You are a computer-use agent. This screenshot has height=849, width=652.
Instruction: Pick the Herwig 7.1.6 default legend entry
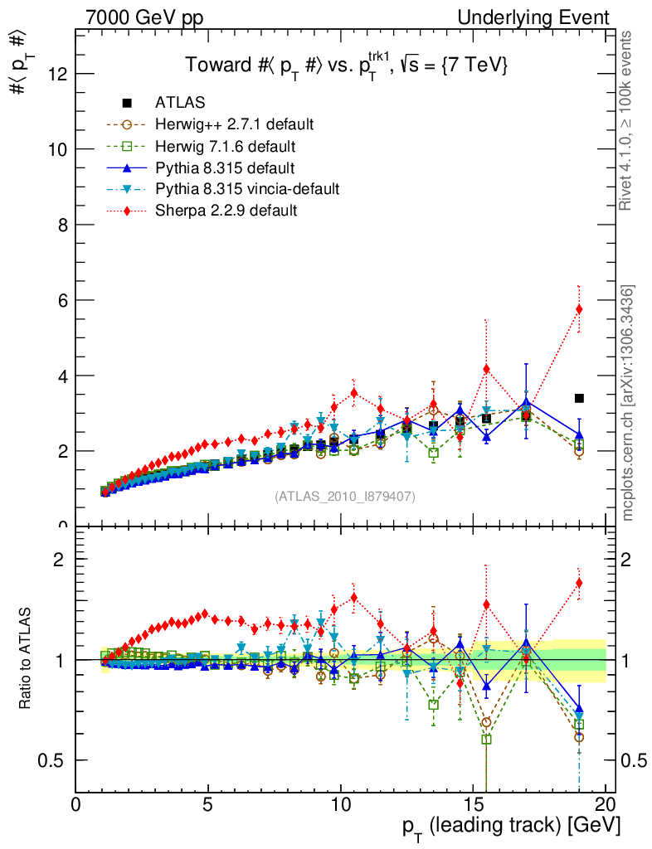tap(225, 146)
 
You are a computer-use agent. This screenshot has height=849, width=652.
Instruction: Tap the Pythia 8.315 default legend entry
tap(224, 167)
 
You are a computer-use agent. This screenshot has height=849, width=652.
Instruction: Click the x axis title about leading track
tap(511, 827)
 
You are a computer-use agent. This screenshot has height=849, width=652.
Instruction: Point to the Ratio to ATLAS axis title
tap(27, 659)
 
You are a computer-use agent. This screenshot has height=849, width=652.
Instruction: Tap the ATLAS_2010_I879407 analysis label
tap(345, 497)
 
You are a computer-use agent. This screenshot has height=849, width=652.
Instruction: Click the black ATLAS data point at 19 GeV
tap(579, 399)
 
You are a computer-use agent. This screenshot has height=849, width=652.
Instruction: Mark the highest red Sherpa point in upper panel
tap(579, 309)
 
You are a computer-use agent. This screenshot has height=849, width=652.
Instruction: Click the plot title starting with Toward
tap(345, 65)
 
